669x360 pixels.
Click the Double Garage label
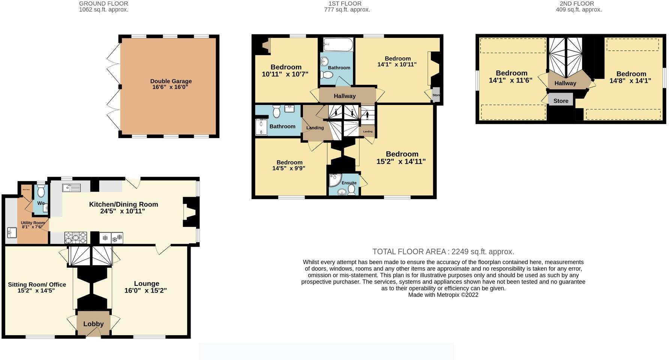click(x=171, y=81)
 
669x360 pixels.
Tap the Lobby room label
click(x=93, y=324)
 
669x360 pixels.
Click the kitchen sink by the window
click(x=71, y=188)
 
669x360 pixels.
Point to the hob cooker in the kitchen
click(x=76, y=237)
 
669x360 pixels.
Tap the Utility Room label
click(x=33, y=223)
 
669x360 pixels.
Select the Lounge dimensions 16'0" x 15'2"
click(x=145, y=290)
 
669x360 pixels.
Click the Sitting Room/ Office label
click(x=37, y=285)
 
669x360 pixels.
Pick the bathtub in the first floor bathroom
click(x=338, y=45)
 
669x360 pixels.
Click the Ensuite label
click(x=349, y=183)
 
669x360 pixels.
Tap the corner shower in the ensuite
click(x=334, y=180)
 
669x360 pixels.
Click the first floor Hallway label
click(x=345, y=96)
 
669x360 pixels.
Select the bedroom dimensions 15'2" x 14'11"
click(x=401, y=162)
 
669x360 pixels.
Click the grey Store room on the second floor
click(x=561, y=100)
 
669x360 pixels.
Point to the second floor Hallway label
click(x=565, y=83)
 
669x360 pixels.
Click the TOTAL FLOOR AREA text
click(x=443, y=252)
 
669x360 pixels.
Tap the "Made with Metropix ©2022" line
click(x=443, y=295)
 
